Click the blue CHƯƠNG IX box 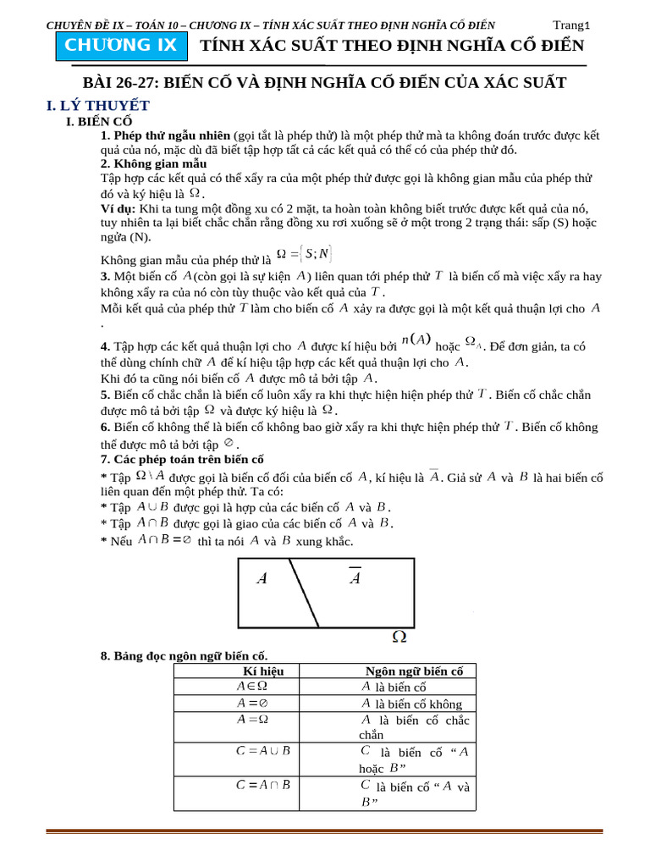pyautogui.click(x=121, y=46)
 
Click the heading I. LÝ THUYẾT pyautogui.click(x=97, y=106)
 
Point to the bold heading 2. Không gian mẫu pyautogui.click(x=153, y=163)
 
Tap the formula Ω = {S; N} pyautogui.click(x=305, y=253)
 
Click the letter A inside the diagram pyautogui.click(x=262, y=579)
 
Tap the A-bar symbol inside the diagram pyautogui.click(x=355, y=577)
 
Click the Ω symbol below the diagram pyautogui.click(x=399, y=636)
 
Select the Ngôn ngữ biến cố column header pyautogui.click(x=414, y=671)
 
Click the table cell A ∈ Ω pyautogui.click(x=252, y=687)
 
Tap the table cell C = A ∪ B pyautogui.click(x=263, y=750)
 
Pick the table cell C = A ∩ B pyautogui.click(x=263, y=785)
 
